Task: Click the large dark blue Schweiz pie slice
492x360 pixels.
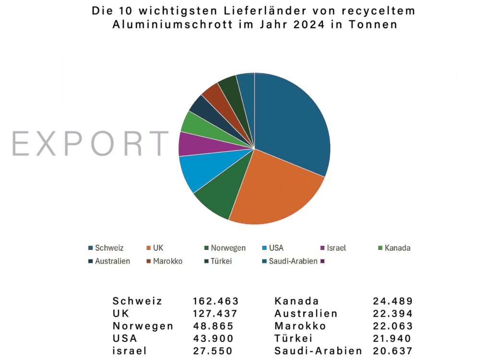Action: pyautogui.click(x=293, y=125)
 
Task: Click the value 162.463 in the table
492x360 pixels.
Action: pyautogui.click(x=216, y=301)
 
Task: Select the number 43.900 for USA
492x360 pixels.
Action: pyautogui.click(x=213, y=338)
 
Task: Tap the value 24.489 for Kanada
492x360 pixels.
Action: pyautogui.click(x=393, y=301)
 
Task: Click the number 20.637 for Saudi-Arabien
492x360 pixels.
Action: pyautogui.click(x=393, y=351)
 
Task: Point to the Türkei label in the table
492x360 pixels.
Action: pyautogui.click(x=294, y=338)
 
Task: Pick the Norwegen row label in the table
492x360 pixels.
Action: pyautogui.click(x=143, y=326)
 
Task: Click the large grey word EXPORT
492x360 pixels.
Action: pyautogui.click(x=90, y=143)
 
